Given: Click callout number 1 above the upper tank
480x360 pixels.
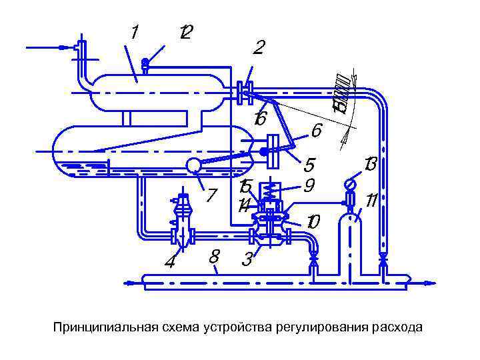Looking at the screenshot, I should (x=135, y=31).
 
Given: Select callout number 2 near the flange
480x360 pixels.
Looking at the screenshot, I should (x=259, y=47).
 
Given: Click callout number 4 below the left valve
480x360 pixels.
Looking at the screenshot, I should (x=171, y=262).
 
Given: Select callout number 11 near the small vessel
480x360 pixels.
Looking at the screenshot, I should (x=372, y=200).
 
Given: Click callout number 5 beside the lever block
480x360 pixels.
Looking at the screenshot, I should (x=308, y=163).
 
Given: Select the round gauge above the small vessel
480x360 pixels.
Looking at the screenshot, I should (x=349, y=183).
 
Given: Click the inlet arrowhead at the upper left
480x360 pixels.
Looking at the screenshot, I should (x=64, y=47).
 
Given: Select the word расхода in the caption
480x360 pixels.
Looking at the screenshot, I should (x=397, y=327).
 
